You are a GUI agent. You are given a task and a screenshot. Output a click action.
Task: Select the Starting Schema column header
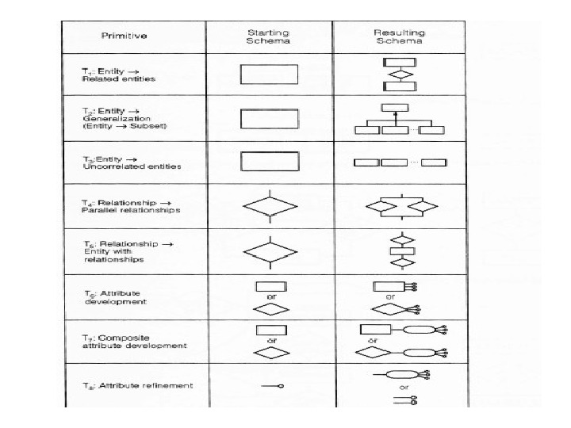pos(269,36)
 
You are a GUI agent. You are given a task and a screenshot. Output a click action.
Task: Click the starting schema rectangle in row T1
pos(269,74)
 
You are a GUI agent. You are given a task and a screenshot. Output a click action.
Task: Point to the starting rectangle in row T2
pos(269,118)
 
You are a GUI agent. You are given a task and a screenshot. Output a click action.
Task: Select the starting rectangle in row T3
pos(269,162)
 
